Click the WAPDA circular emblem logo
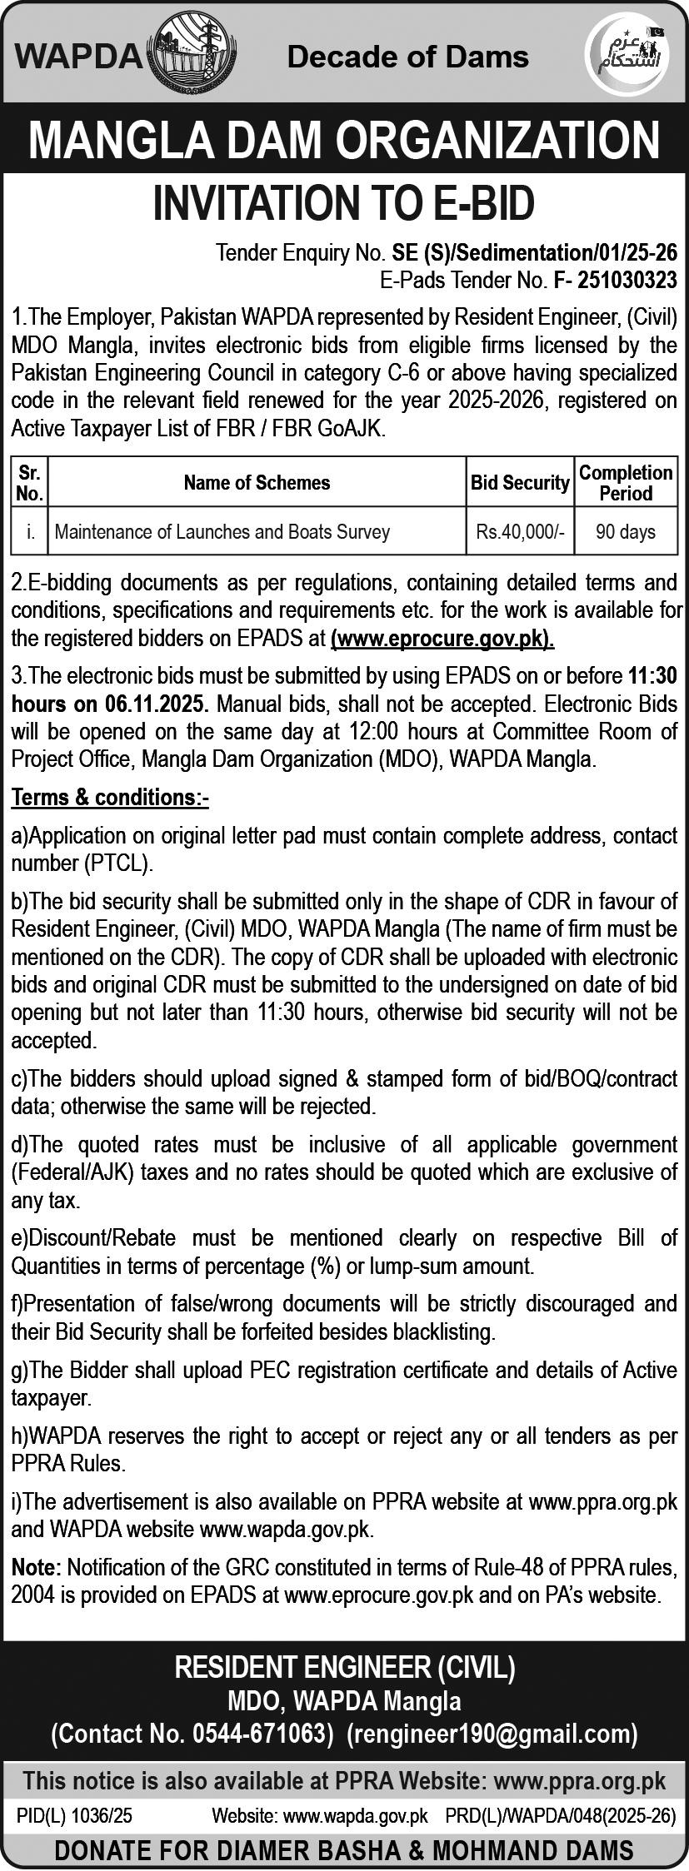pos(193,55)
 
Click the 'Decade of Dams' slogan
pos(407,57)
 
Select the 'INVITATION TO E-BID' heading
pos(343,204)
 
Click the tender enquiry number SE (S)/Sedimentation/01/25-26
pos(534,252)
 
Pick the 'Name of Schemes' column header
pos(257,482)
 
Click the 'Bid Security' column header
pos(520,482)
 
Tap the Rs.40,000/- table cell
pos(520,531)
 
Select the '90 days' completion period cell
pos(626,531)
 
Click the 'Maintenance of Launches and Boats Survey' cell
pos(222,531)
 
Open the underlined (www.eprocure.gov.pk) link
pos(442,639)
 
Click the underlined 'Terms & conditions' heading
pos(110,797)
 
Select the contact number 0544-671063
pos(258,1734)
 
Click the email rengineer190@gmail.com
pos(492,1734)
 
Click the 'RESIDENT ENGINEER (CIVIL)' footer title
pos(344,1669)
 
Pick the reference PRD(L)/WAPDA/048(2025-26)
pos(560,1815)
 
